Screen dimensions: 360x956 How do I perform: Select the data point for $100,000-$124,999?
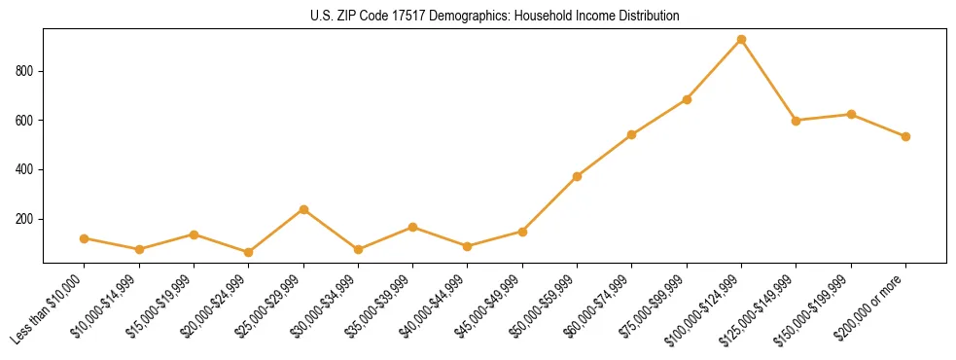coord(741,40)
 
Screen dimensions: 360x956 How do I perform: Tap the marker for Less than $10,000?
coord(85,238)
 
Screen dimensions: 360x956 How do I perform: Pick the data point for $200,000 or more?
coord(905,136)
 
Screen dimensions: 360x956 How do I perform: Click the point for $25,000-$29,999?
coord(303,209)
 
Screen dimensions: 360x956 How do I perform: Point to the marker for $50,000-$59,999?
coord(577,176)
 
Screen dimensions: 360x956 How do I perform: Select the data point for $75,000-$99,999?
coord(687,99)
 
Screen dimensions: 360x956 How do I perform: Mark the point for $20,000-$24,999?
coord(248,252)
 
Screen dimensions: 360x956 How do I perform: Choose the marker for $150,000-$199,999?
coord(851,114)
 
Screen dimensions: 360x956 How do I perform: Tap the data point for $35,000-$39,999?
coord(412,227)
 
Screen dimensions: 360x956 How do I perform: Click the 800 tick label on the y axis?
coord(26,71)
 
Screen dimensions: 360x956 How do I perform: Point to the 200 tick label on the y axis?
coord(26,219)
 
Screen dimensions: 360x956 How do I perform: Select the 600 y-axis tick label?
coord(26,121)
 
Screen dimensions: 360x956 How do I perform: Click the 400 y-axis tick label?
coord(26,169)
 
